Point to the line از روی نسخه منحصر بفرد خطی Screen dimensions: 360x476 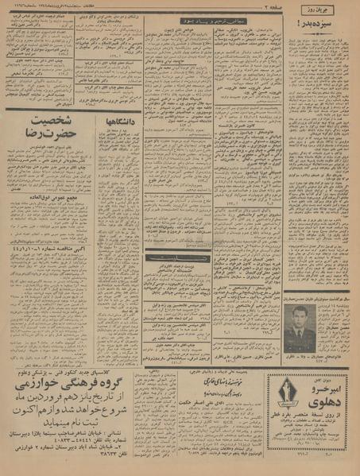(312, 418)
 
